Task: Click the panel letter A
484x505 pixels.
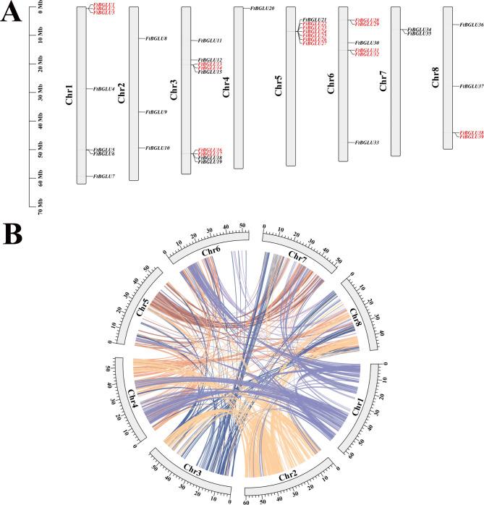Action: tap(12, 14)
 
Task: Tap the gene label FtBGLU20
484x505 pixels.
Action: tap(263, 8)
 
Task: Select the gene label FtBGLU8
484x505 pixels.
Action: tap(157, 38)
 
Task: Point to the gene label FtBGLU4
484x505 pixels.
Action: tap(105, 88)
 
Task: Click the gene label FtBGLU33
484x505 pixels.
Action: tap(368, 143)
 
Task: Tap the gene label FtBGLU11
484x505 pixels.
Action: tap(210, 41)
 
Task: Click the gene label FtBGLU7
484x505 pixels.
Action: tap(105, 176)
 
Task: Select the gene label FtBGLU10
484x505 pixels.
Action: tap(158, 148)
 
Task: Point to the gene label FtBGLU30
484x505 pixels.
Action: tap(368, 43)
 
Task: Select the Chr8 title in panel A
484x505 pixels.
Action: tap(435, 80)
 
